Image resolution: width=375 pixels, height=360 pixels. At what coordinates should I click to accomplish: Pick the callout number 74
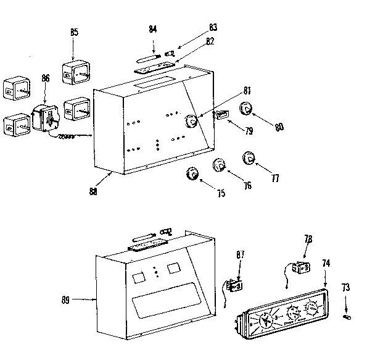[325, 264]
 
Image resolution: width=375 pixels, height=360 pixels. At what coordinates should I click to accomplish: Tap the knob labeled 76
[220, 165]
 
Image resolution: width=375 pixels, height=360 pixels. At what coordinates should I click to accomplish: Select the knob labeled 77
[249, 157]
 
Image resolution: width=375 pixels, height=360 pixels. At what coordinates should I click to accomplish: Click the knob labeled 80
[245, 111]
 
